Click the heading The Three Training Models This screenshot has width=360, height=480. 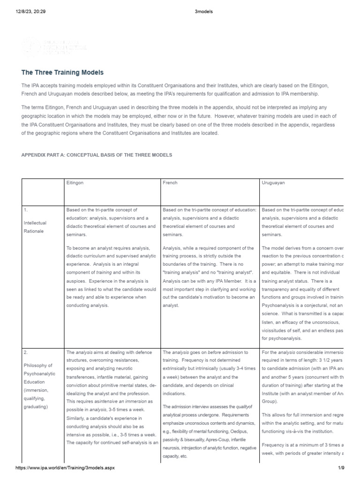coord(62,73)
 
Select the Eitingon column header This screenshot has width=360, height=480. coord(75,183)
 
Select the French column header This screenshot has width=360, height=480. coord(170,183)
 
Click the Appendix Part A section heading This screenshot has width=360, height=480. coord(97,155)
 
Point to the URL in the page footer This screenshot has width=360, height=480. coord(65,468)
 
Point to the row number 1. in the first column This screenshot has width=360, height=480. coord(25,210)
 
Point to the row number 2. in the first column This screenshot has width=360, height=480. coord(25,352)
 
